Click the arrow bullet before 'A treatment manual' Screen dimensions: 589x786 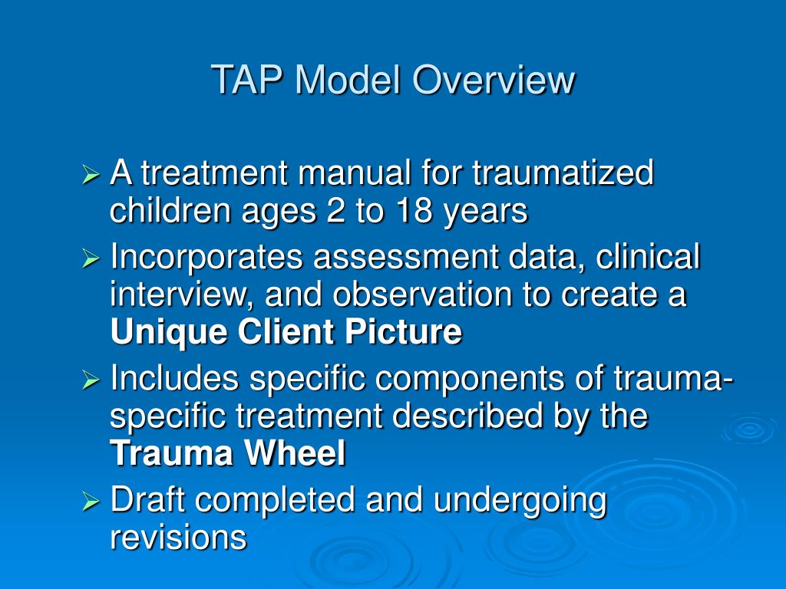(x=91, y=176)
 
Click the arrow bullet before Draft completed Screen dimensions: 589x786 (x=91, y=503)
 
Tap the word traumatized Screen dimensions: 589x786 (x=563, y=173)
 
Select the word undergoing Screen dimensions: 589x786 (x=520, y=501)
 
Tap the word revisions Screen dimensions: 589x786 (x=178, y=538)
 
